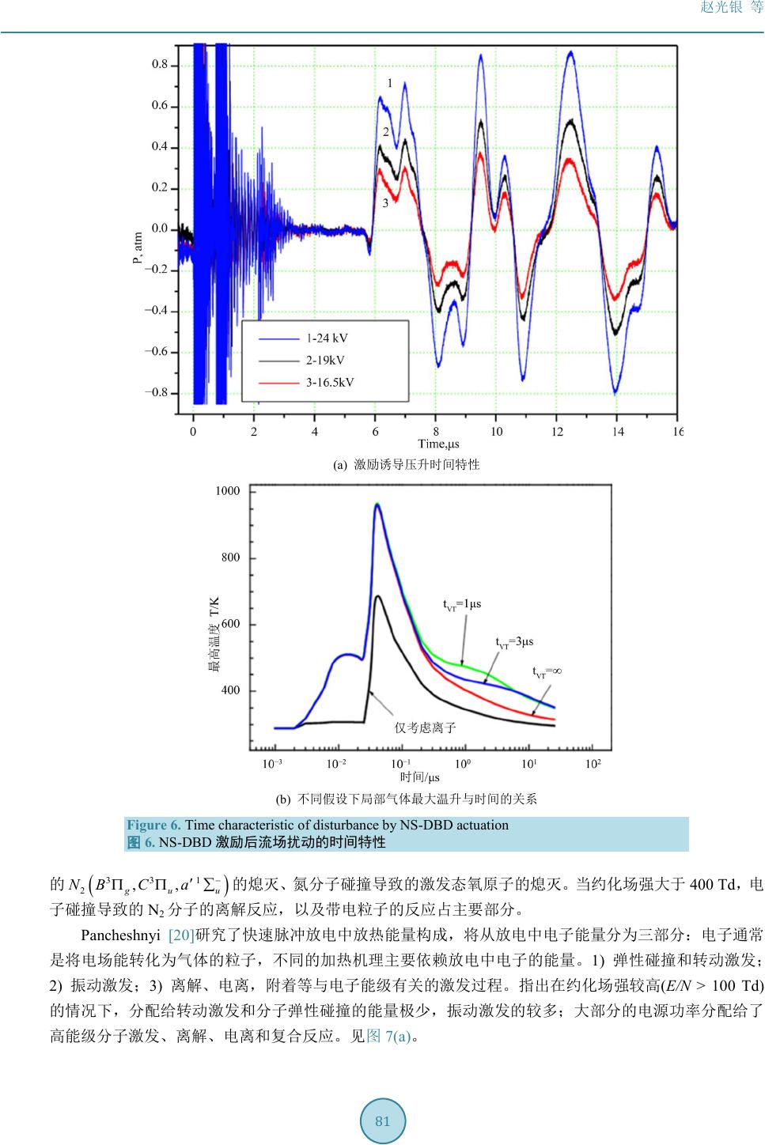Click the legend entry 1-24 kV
point(327,338)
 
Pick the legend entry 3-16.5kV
point(330,382)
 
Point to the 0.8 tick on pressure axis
point(160,65)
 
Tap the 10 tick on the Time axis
point(496,432)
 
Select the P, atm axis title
point(138,248)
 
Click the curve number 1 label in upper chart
point(389,83)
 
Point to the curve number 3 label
point(385,203)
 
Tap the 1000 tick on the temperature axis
point(227,491)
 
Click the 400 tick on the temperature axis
point(230,690)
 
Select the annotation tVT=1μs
point(462,605)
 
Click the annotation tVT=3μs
point(514,642)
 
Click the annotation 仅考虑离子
point(426,727)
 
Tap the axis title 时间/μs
point(420,778)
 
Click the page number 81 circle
point(383,1121)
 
